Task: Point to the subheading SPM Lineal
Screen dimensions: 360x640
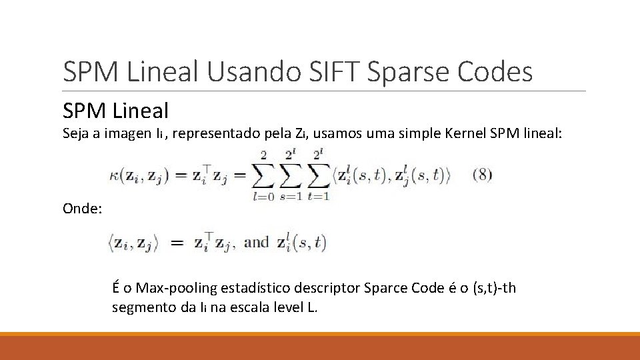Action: [116, 110]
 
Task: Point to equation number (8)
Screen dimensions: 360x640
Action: [482, 175]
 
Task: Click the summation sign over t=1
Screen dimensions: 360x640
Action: [321, 175]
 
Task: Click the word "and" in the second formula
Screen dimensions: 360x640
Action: [256, 243]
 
